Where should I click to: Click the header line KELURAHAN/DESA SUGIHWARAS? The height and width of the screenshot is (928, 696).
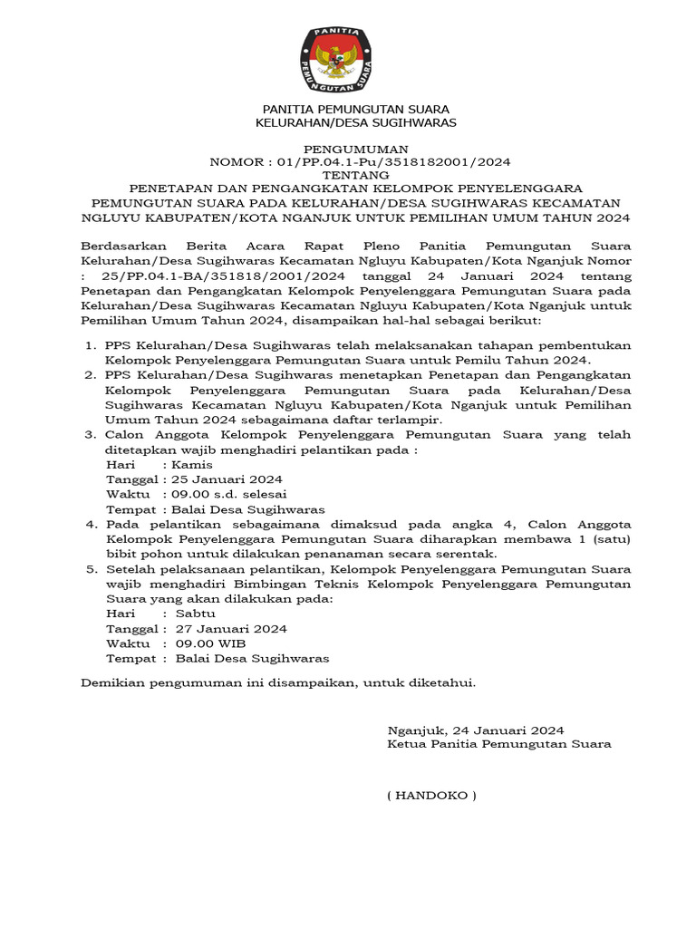click(x=355, y=121)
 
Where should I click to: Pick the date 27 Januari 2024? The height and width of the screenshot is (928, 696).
click(x=231, y=628)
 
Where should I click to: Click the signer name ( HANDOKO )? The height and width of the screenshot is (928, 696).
click(x=431, y=796)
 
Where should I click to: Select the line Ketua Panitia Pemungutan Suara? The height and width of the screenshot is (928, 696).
click(x=498, y=744)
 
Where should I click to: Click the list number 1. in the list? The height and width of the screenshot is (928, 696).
click(x=91, y=345)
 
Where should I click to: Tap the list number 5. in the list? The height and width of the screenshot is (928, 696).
click(x=91, y=569)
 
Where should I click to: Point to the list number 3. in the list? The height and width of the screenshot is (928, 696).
click(x=91, y=435)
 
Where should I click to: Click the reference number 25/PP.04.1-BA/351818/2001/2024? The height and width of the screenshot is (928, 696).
click(x=190, y=275)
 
